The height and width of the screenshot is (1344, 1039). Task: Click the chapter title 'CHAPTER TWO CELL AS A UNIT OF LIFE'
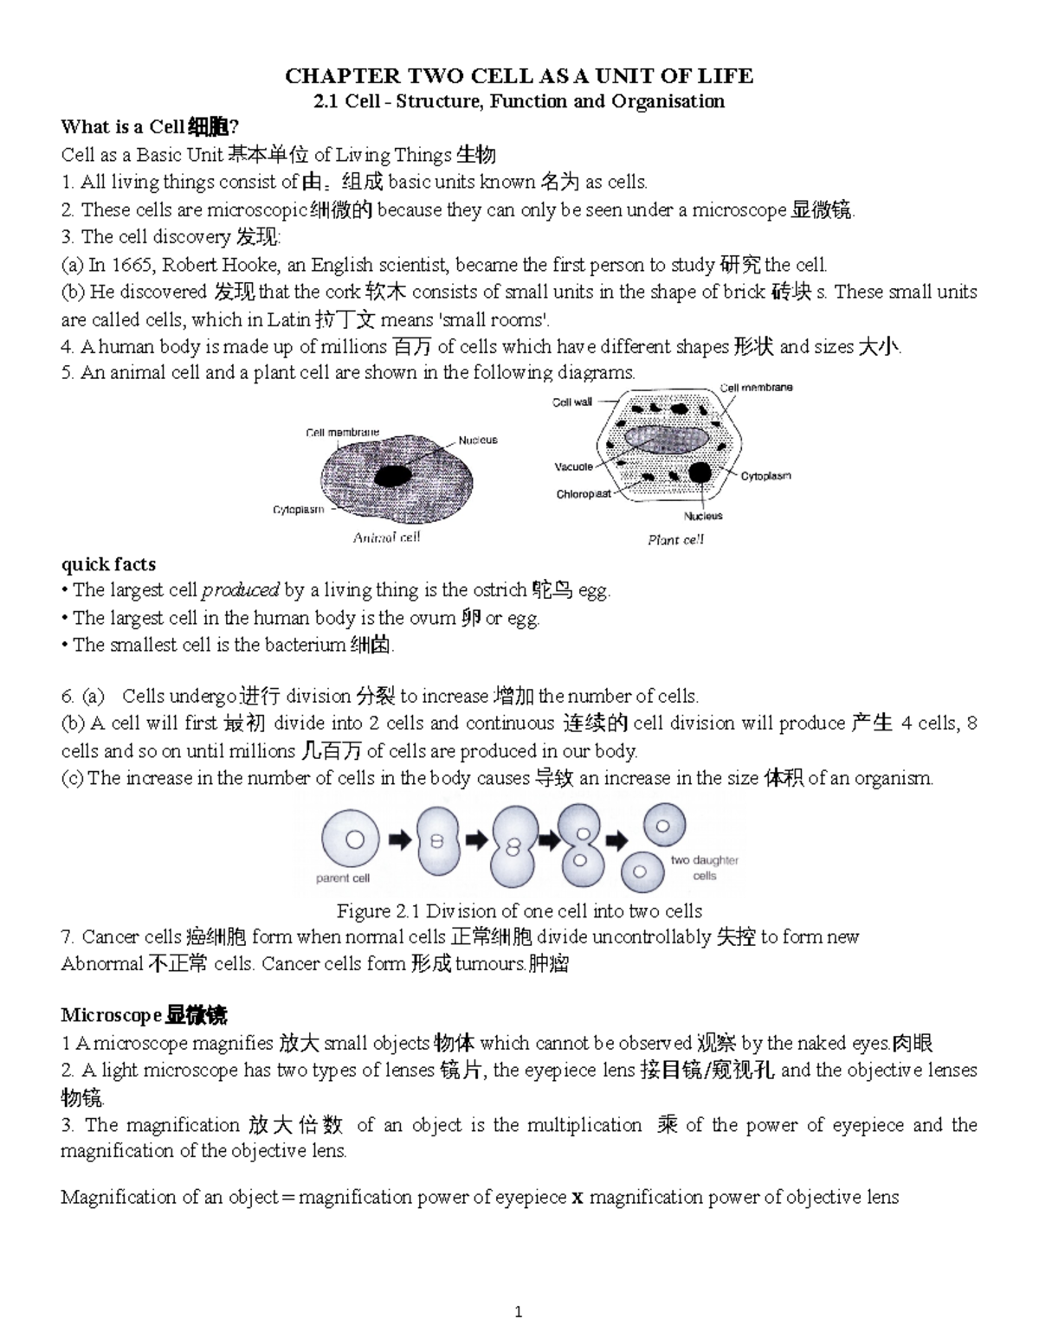[x=519, y=76]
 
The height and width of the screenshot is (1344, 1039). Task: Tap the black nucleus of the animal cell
[x=392, y=475]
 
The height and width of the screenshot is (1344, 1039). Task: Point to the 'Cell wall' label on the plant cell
[x=572, y=402]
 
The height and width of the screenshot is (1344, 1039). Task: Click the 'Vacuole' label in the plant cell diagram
[x=573, y=466]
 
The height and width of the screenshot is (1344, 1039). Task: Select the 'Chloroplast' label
[x=583, y=494]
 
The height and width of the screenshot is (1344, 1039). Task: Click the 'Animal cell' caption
[x=386, y=537]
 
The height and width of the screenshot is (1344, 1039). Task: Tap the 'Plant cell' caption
[x=675, y=540]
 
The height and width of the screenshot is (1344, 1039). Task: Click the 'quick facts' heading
[x=108, y=564]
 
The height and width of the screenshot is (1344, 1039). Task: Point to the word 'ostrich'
[x=499, y=591]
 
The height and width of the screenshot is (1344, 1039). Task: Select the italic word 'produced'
[x=240, y=591]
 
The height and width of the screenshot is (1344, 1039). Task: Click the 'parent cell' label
[x=342, y=878]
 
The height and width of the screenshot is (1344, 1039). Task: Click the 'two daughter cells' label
[x=704, y=868]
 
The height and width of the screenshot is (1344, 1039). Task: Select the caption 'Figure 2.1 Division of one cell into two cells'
[x=519, y=910]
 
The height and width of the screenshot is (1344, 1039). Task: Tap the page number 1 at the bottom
[x=518, y=1313]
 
